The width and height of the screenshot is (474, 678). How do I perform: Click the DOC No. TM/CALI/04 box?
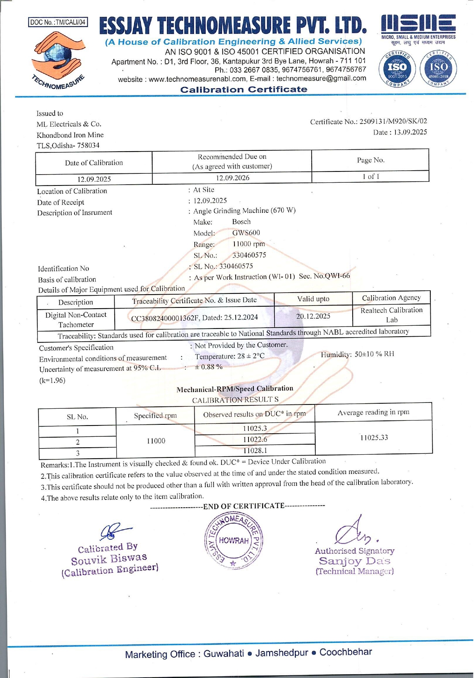[58, 22]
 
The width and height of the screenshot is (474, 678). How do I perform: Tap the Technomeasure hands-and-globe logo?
[59, 58]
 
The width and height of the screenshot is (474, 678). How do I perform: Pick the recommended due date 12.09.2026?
[233, 178]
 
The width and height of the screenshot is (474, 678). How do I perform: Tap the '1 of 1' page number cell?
[371, 177]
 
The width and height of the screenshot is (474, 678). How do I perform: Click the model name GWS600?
[246, 233]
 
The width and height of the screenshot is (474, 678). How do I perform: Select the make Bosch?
[241, 222]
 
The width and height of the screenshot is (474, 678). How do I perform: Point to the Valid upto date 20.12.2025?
[313, 316]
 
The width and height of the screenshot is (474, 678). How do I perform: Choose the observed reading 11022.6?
[255, 440]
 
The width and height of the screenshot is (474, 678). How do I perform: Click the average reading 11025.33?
[374, 438]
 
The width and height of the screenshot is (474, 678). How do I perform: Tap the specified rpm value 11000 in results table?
[156, 441]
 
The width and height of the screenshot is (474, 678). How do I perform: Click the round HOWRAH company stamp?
[234, 541]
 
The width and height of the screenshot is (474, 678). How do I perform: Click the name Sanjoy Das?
[354, 561]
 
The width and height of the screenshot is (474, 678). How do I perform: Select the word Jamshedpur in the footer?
[282, 653]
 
